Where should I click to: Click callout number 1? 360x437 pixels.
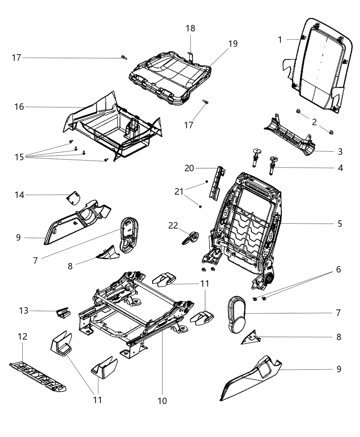tap(280, 40)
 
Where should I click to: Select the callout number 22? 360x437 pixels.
tap(173, 225)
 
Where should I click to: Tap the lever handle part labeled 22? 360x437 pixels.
tap(190, 238)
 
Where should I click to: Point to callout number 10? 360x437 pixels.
tap(162, 400)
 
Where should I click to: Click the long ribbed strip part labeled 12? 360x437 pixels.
tap(38, 376)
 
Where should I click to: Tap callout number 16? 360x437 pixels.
tap(19, 107)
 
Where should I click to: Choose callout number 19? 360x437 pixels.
tap(233, 44)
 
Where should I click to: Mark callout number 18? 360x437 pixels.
tap(191, 28)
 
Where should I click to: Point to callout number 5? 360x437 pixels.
tap(339, 223)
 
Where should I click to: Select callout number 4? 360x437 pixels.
tap(339, 168)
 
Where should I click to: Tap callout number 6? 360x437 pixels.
tap(338, 269)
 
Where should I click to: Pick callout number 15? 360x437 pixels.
tap(19, 157)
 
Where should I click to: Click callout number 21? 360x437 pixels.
tap(179, 192)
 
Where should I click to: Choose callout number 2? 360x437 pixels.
tap(314, 122)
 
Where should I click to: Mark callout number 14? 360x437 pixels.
tap(19, 195)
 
